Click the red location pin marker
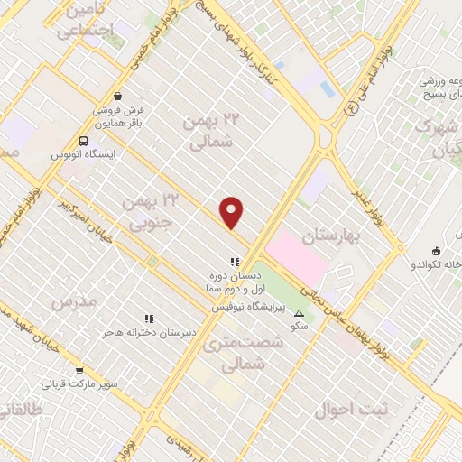pyautogui.click(x=232, y=212)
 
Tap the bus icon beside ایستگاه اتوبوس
pyautogui.click(x=83, y=140)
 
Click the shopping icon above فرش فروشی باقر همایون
pyautogui.click(x=117, y=96)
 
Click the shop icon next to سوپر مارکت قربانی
pyautogui.click(x=79, y=370)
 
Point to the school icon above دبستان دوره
pyautogui.click(x=234, y=262)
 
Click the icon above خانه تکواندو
pyautogui.click(x=437, y=251)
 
